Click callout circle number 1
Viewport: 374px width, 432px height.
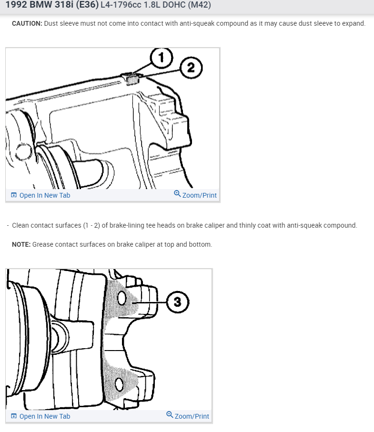pos(162,58)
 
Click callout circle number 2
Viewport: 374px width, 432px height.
pos(191,68)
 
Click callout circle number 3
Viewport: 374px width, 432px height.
pos(178,302)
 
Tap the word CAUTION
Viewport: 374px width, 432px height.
pos(27,23)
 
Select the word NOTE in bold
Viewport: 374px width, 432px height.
pos(21,244)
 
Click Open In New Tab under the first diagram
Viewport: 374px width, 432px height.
pos(45,195)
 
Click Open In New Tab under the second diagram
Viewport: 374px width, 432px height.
pos(45,416)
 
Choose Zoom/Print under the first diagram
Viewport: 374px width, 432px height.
pos(200,195)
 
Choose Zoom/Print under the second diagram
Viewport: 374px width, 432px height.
pos(192,416)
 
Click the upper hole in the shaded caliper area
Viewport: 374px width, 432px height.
pos(121,298)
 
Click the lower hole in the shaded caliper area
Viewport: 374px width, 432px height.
pos(119,384)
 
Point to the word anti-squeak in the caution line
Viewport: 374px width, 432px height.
pos(197,23)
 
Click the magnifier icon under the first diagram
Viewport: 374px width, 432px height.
pos(177,194)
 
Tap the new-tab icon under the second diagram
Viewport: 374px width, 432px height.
pos(14,416)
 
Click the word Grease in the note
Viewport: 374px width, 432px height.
pos(41,244)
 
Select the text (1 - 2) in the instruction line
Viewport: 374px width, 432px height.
pos(91,225)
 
